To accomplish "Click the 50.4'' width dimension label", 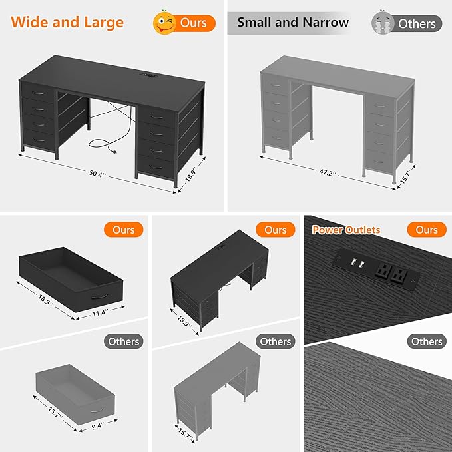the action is tap(97, 174).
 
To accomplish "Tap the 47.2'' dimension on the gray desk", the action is tap(328, 172).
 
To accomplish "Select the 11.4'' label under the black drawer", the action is tap(101, 313).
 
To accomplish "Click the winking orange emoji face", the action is tap(164, 23).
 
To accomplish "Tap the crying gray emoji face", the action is tap(383, 23).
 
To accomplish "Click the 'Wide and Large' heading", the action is tap(67, 22).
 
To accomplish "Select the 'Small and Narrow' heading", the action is tap(293, 22).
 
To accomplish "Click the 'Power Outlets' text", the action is tap(346, 230).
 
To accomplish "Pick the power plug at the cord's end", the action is tap(114, 151).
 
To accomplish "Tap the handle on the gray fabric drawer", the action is tap(97, 410).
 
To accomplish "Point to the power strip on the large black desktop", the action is tap(148, 75).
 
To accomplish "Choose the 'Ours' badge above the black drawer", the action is tap(123, 230).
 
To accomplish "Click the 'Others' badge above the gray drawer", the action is tap(123, 341).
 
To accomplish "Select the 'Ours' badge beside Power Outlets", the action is tap(427, 230).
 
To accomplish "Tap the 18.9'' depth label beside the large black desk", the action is tap(191, 174).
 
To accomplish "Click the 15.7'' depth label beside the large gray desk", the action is tap(405, 178).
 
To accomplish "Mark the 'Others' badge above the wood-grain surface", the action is tap(427, 341).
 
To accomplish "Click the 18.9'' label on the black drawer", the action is tap(45, 300).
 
